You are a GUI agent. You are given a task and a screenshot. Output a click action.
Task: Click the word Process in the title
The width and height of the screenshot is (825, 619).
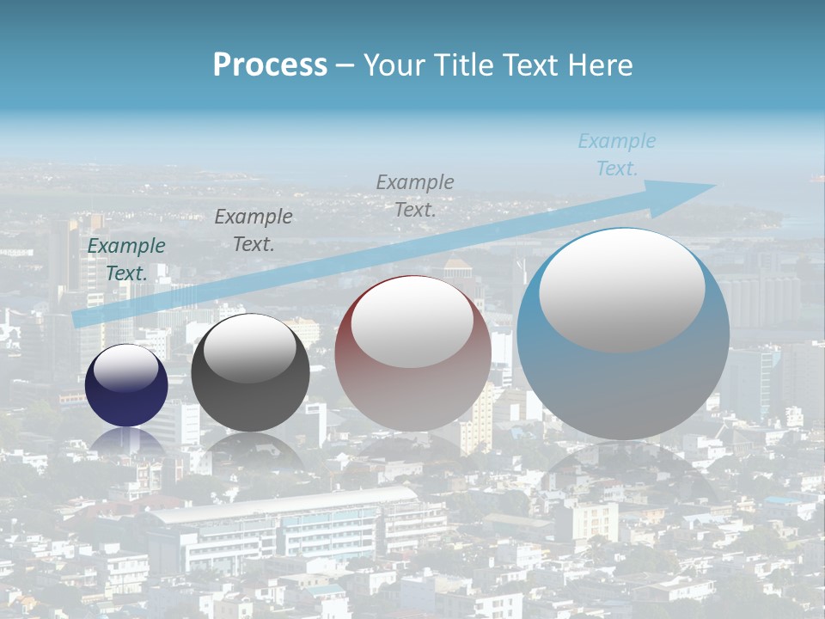(x=270, y=65)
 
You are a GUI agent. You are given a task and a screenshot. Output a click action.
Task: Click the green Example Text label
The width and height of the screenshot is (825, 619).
(x=126, y=260)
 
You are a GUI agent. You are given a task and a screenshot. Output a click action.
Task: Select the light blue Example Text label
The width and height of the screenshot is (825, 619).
(x=617, y=155)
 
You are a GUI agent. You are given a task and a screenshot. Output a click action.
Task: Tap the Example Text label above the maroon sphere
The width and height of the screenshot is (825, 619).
(x=415, y=196)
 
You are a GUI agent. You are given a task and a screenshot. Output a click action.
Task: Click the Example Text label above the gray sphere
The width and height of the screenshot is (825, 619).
(x=254, y=230)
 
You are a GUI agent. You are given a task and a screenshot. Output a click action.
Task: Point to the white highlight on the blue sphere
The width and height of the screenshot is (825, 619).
(x=621, y=290)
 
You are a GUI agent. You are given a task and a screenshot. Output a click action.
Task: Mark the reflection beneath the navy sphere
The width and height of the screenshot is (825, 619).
(x=126, y=440)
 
